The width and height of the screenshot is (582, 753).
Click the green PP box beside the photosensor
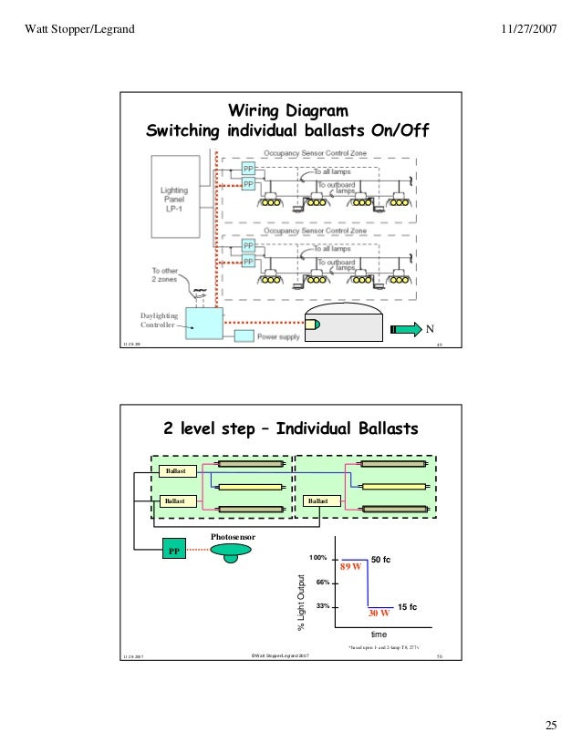(x=173, y=552)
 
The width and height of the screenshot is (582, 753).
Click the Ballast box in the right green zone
(x=319, y=500)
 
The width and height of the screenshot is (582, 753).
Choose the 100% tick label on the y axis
(x=317, y=556)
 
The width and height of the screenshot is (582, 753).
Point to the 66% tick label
(x=320, y=581)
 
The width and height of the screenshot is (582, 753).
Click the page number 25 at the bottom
(x=550, y=725)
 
